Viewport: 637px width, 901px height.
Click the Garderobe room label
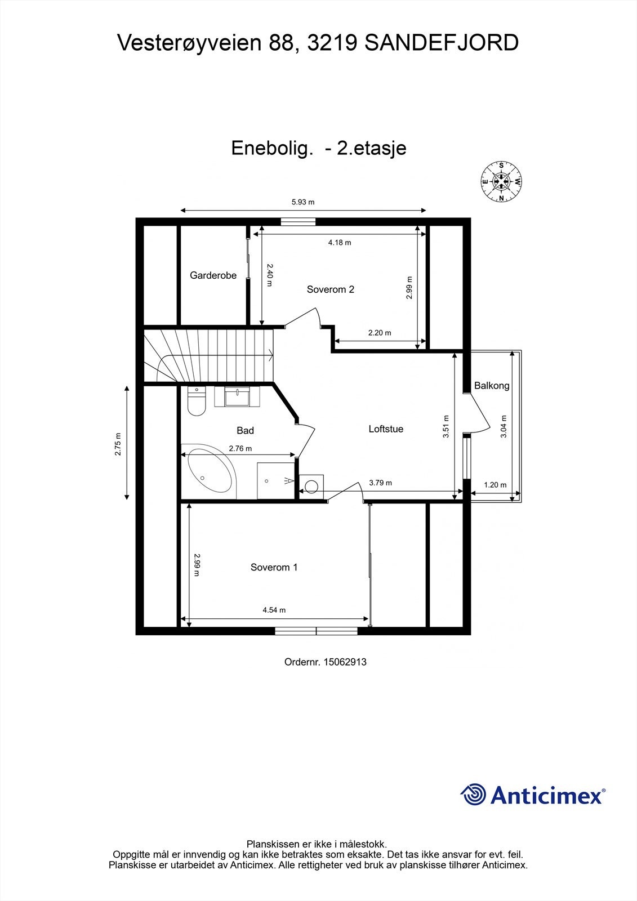(213, 275)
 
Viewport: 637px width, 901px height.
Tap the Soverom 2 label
(330, 289)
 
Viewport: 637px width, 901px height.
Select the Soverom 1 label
(274, 567)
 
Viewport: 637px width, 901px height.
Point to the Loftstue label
(386, 429)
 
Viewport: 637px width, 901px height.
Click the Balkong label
(492, 386)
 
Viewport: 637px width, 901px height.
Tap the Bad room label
(245, 430)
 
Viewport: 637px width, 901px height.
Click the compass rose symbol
(501, 182)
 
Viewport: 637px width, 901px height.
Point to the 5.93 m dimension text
(302, 202)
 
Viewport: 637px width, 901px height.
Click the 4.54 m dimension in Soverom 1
(274, 610)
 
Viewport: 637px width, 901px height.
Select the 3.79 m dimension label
(380, 483)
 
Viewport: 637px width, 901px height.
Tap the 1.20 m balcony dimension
(495, 484)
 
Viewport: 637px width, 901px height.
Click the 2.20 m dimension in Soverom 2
(379, 333)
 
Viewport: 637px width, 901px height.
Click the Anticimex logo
(532, 795)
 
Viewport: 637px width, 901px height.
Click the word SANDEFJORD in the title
(442, 43)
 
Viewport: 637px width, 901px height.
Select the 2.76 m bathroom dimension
(240, 448)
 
